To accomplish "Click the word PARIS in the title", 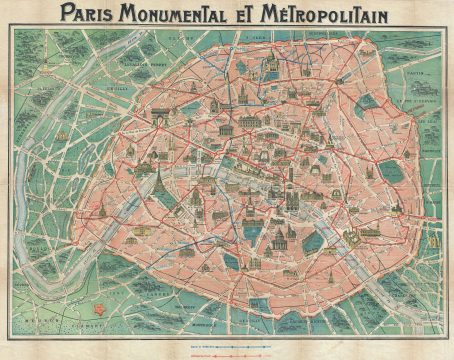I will [96, 13].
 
